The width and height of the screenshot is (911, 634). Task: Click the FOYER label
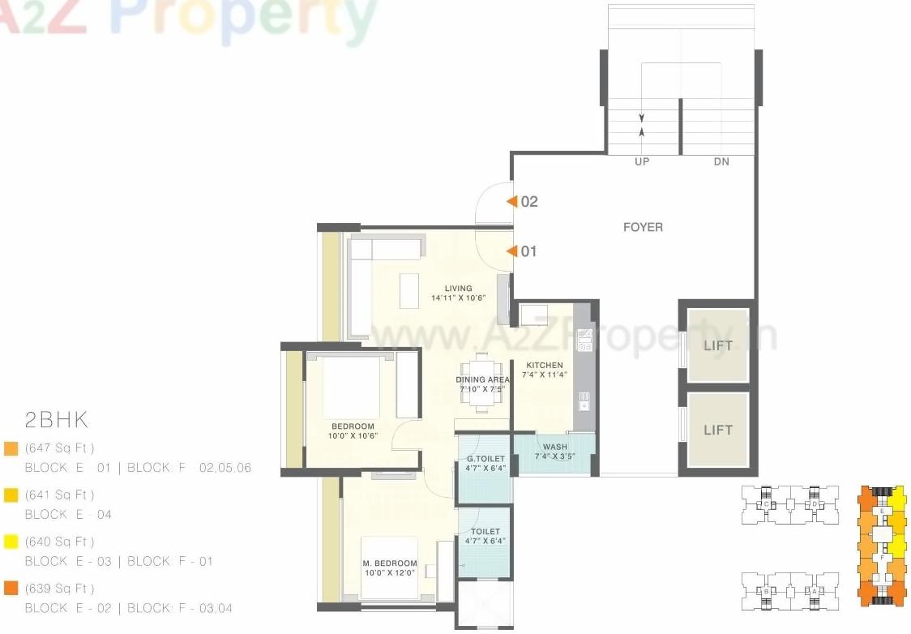(x=643, y=227)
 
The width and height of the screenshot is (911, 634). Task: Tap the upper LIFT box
(x=717, y=345)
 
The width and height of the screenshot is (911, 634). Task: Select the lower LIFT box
(x=717, y=430)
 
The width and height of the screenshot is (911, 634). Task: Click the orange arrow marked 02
(x=511, y=202)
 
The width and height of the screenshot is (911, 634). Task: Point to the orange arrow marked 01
(x=511, y=251)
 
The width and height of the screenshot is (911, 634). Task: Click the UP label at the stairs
(x=642, y=162)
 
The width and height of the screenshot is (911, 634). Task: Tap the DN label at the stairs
(x=721, y=162)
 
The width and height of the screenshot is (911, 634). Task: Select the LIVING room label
(x=458, y=289)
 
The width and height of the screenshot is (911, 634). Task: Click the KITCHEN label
(x=544, y=366)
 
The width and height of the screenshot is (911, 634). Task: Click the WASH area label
(x=555, y=448)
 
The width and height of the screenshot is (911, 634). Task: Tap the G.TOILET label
(x=485, y=459)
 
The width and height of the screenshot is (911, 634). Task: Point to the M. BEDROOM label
(x=390, y=563)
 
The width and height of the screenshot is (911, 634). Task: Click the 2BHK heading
(x=56, y=420)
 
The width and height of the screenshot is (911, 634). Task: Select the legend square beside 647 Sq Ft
(x=11, y=448)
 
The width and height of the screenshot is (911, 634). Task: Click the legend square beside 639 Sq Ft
(x=11, y=589)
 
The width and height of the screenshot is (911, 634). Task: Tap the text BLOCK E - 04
(x=68, y=514)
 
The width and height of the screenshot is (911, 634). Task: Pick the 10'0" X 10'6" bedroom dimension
(x=353, y=436)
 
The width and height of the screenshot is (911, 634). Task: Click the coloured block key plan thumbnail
(x=881, y=546)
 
